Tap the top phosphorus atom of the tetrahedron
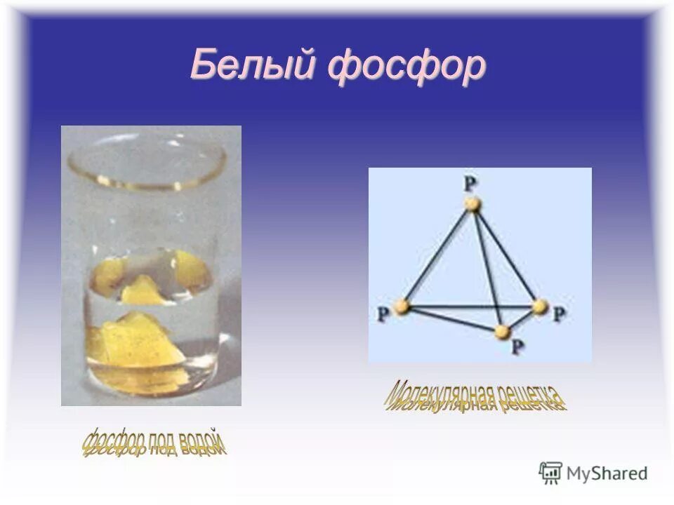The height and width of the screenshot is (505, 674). point(473,204)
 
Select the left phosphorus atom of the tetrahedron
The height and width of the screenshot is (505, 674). point(401,307)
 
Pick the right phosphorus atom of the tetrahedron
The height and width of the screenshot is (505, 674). point(539,307)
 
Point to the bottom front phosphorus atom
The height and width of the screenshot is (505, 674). point(501,331)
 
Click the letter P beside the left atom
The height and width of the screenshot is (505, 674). point(383,315)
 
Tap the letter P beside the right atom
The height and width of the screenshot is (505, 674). point(558,315)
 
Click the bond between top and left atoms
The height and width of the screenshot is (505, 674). point(437,255)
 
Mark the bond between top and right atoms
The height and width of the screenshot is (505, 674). point(505,255)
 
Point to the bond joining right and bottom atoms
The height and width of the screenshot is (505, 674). point(521,318)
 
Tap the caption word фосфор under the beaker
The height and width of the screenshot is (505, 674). point(114,444)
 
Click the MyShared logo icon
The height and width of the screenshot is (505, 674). point(550,473)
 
